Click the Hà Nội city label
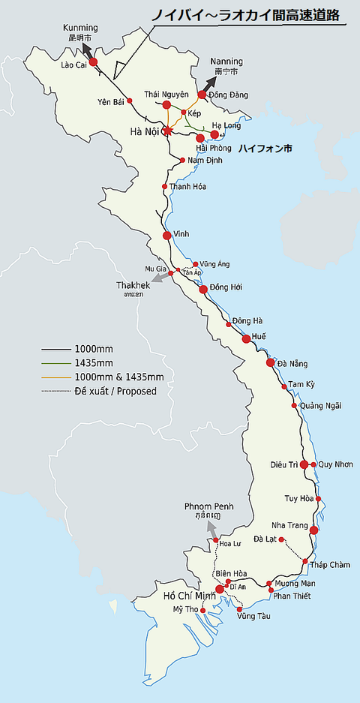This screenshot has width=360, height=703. [146, 132]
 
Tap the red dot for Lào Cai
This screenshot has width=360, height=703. [94, 63]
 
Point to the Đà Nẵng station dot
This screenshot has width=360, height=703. [271, 363]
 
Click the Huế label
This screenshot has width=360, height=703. [259, 336]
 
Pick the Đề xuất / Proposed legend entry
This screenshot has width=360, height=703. [115, 390]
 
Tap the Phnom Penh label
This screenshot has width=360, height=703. [208, 507]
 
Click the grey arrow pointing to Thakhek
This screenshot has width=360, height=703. [159, 278]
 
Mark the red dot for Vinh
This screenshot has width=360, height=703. [167, 236]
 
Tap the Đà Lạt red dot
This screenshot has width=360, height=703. [281, 539]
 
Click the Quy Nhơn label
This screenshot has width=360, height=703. [335, 464]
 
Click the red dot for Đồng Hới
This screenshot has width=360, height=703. [202, 289]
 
